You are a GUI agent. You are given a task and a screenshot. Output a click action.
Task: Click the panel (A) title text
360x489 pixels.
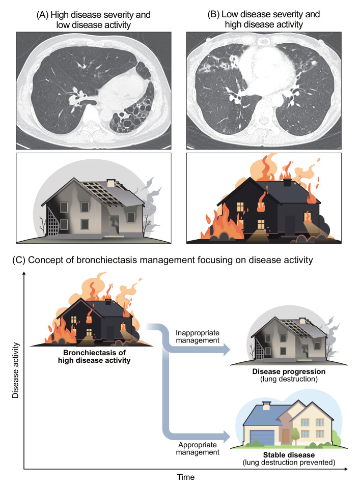[94, 19]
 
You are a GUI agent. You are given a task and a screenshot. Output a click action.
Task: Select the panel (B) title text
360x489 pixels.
[264, 19]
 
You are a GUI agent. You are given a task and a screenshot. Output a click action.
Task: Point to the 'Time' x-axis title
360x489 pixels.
[185, 477]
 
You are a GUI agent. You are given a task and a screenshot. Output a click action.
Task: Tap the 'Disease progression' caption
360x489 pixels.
[288, 372]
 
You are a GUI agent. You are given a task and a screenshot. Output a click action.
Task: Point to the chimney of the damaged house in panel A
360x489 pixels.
[110, 182]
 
